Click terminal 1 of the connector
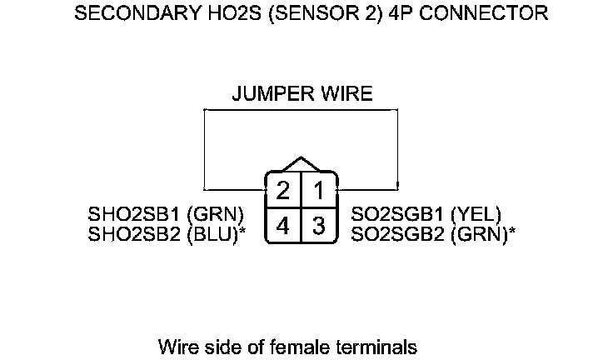click(319, 190)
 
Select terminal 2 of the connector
click(283, 190)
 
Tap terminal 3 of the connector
click(319, 225)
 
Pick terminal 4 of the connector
click(283, 225)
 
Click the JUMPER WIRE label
click(302, 94)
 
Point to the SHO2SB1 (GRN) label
click(166, 215)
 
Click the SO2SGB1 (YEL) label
click(426, 215)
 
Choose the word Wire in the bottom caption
click(176, 345)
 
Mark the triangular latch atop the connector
click(302, 164)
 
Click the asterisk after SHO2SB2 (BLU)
click(242, 231)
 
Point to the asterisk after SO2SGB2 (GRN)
click(511, 231)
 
